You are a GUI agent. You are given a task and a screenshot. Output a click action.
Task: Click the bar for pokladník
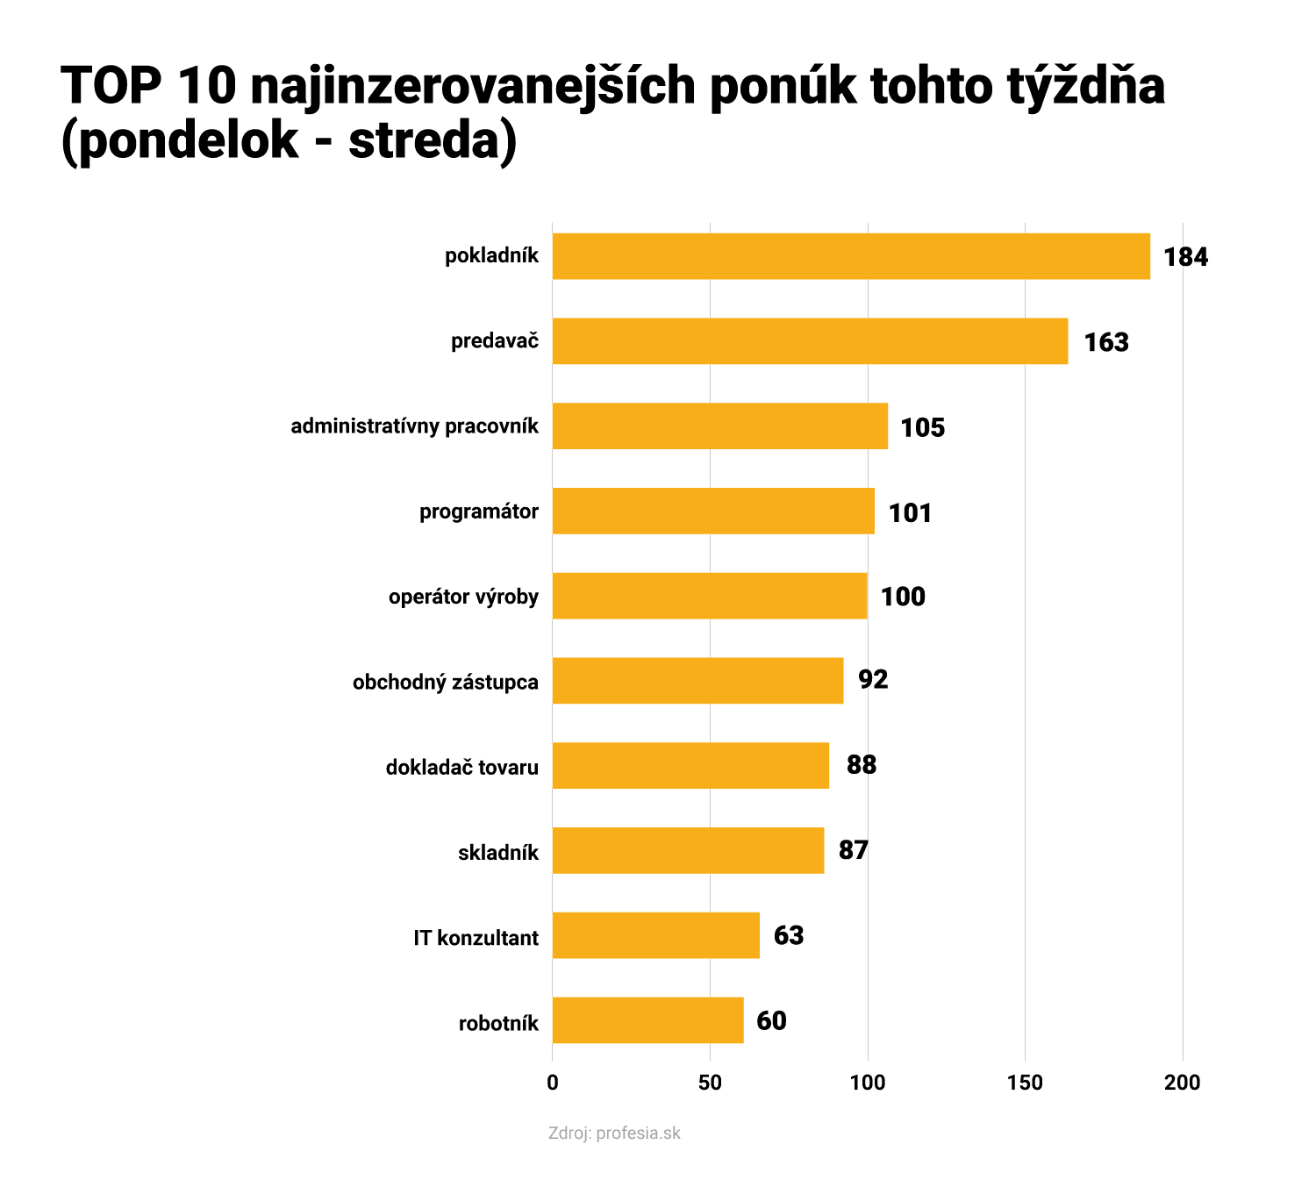(851, 256)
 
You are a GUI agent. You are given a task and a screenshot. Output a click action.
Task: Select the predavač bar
(810, 341)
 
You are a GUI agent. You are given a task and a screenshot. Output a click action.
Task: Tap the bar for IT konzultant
(655, 935)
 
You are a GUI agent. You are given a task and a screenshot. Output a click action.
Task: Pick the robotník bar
(647, 1020)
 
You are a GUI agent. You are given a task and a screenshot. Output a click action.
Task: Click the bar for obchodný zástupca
(697, 681)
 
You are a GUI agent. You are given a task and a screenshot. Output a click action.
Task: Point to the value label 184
(1185, 257)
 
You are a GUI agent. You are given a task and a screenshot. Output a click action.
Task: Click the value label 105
(923, 427)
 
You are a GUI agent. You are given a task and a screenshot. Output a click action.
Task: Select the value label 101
(910, 512)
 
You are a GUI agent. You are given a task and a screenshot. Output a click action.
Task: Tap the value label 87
(853, 850)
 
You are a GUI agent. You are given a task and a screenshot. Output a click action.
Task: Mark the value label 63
(788, 935)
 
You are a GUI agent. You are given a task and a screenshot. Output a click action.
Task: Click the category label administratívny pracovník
(415, 426)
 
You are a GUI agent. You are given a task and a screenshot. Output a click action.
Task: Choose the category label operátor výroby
(463, 597)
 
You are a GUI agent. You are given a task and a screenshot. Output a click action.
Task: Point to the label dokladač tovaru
(461, 767)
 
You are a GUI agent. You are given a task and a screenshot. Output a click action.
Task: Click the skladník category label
(498, 852)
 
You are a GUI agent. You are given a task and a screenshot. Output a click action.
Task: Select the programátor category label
(479, 512)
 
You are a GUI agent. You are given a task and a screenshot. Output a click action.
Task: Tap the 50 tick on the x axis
(710, 1083)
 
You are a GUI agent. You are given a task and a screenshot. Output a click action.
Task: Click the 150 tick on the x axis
(1025, 1083)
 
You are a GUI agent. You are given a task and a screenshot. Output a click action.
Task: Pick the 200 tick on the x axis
(1182, 1083)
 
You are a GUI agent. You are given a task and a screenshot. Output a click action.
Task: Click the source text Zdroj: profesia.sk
(614, 1133)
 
